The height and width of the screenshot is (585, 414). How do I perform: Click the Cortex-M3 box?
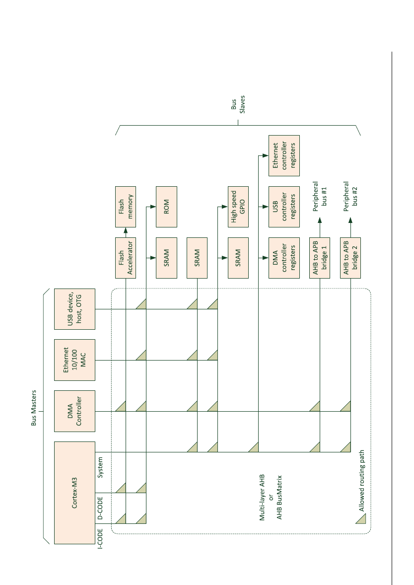pyautogui.click(x=74, y=493)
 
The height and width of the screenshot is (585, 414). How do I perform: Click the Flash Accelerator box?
pyautogui.click(x=126, y=258)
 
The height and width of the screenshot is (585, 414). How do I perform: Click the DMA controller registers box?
pyautogui.click(x=284, y=258)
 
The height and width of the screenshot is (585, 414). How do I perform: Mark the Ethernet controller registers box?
pyautogui.click(x=284, y=155)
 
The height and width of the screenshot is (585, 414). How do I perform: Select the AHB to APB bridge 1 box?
pyautogui.click(x=320, y=258)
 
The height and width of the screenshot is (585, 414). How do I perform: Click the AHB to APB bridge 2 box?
pyautogui.click(x=350, y=258)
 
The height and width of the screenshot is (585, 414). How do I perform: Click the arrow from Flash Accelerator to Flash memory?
pyautogui.click(x=126, y=232)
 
